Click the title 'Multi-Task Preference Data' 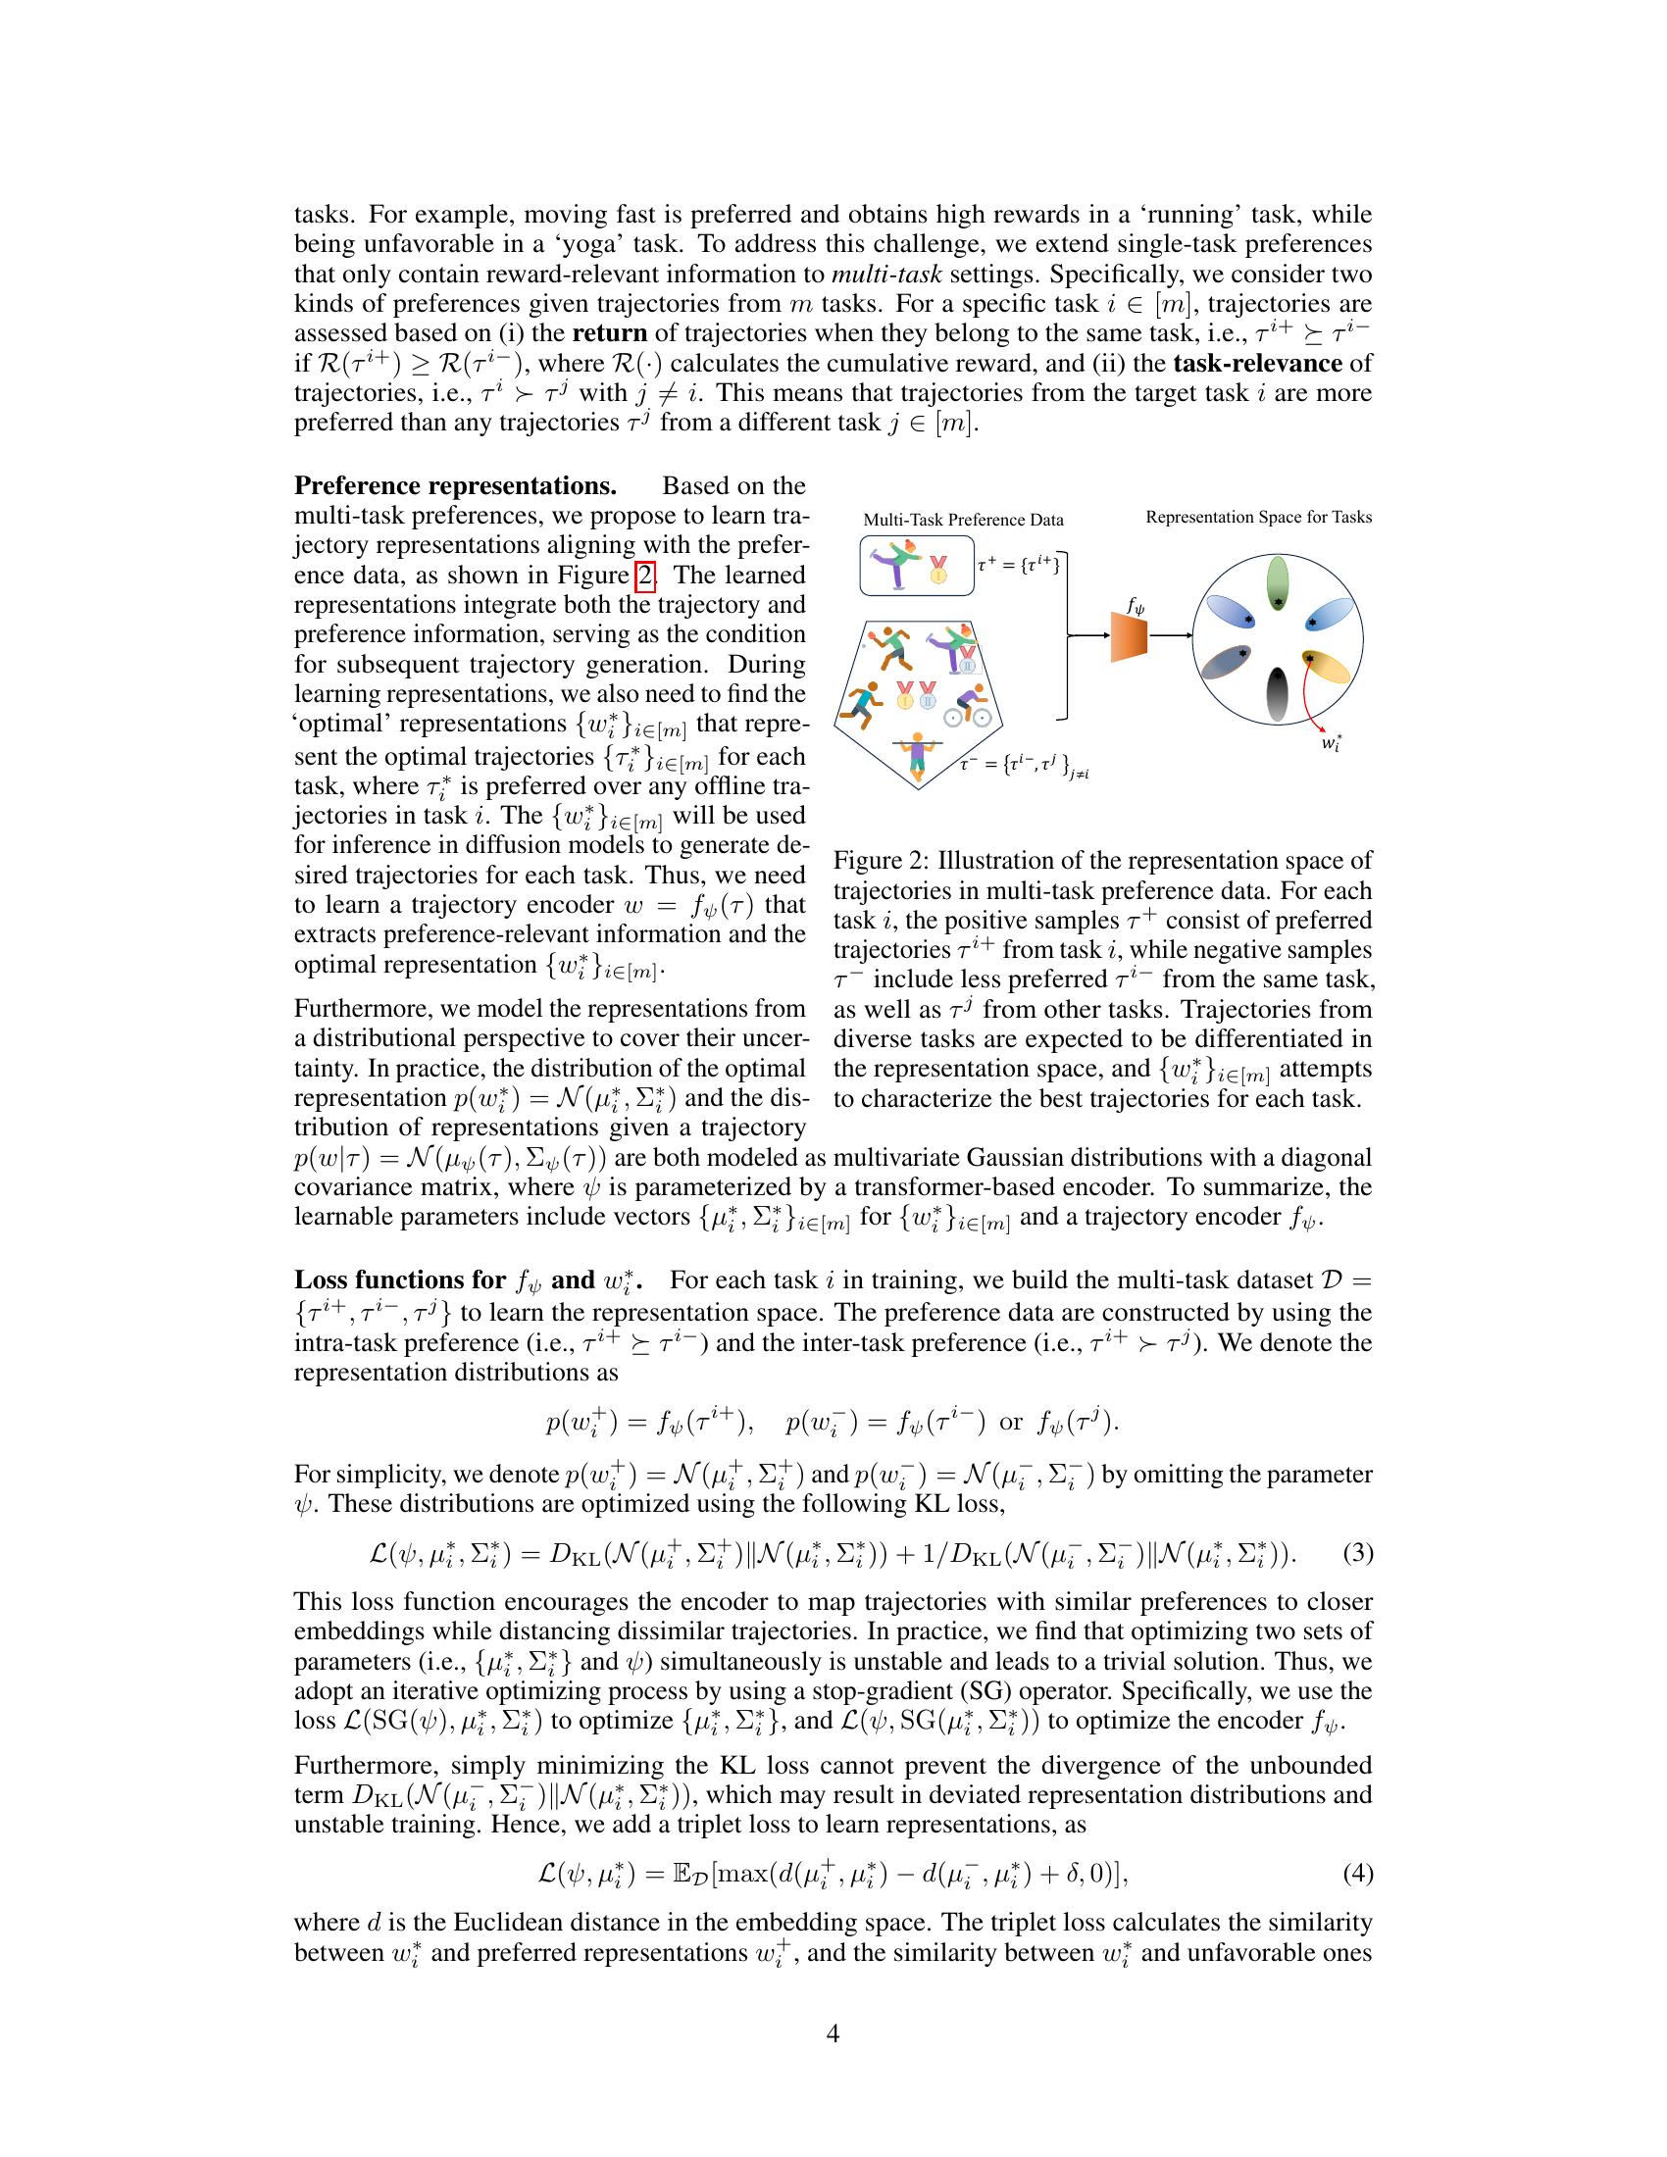[x=963, y=520]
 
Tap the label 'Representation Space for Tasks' [x=1258, y=517]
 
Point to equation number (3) [x=1358, y=1554]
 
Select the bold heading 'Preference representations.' [x=455, y=486]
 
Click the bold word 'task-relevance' [x=1257, y=363]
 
